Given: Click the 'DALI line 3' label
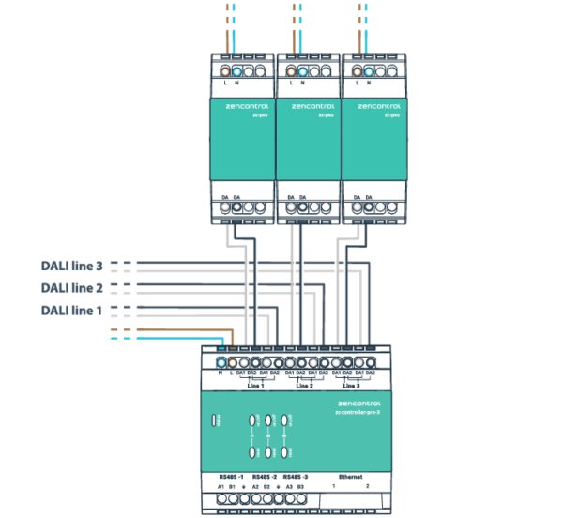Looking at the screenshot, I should pyautogui.click(x=71, y=267).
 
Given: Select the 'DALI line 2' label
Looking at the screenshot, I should pyautogui.click(x=71, y=288).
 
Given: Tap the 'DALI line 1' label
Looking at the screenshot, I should pyautogui.click(x=71, y=310).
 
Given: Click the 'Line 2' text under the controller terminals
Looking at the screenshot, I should pyautogui.click(x=304, y=386).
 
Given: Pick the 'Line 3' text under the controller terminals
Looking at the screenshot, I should pyautogui.click(x=351, y=386).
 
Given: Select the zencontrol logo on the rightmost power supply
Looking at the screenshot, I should pyautogui.click(x=375, y=107).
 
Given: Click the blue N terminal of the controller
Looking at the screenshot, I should pyautogui.click(x=221, y=361).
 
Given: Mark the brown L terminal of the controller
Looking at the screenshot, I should pyautogui.click(x=232, y=361).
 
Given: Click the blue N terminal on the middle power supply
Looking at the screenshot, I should pyautogui.click(x=305, y=71).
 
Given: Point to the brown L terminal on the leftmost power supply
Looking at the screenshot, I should pyautogui.click(x=226, y=71).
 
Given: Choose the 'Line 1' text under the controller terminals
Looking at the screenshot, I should pyautogui.click(x=255, y=386).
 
